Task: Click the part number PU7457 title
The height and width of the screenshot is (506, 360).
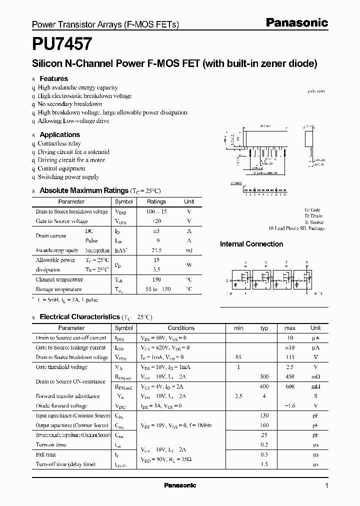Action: click(x=62, y=44)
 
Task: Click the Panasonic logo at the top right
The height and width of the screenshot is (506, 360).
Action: click(x=296, y=22)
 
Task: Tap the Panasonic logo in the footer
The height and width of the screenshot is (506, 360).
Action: click(x=180, y=485)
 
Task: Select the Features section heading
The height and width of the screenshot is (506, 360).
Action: click(x=53, y=78)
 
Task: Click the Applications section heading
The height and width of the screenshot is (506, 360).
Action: click(x=59, y=134)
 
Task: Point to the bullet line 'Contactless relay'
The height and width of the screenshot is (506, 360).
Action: click(x=59, y=143)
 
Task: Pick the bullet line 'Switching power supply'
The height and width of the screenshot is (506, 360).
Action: click(x=68, y=177)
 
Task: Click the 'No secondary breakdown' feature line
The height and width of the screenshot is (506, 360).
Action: click(x=69, y=104)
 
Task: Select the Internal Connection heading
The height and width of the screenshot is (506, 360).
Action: click(x=251, y=244)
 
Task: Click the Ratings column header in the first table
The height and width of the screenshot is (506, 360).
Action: click(x=156, y=201)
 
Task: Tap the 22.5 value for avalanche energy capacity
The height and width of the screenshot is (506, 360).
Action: click(x=156, y=250)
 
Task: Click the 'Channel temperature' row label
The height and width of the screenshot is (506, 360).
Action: click(x=59, y=279)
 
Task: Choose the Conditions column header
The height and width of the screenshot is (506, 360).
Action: click(x=181, y=328)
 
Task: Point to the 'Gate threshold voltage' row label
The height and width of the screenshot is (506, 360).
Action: click(x=61, y=367)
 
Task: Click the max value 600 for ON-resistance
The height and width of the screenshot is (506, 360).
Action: click(x=289, y=386)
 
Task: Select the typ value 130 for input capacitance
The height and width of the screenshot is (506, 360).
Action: click(x=264, y=415)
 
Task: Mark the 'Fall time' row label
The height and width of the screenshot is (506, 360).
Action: click(x=46, y=454)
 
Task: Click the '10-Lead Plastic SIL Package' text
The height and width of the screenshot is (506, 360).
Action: click(x=296, y=228)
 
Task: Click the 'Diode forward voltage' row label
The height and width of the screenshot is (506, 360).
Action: click(x=61, y=406)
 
